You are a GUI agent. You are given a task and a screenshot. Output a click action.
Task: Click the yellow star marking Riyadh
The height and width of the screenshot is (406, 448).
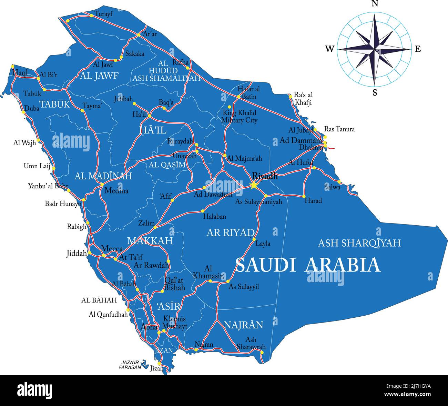pos(254,185)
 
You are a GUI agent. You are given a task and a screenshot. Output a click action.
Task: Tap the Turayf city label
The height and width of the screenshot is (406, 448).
pos(104,14)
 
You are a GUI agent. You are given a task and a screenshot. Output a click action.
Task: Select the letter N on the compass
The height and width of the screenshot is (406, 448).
pos(375,4)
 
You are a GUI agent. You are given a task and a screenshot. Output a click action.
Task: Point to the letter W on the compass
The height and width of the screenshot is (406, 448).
pos(329,49)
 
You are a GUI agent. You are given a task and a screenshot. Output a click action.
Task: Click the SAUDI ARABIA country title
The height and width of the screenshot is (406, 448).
pos(308,265)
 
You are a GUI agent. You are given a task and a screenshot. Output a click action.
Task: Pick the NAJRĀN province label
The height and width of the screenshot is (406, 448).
pos(243,325)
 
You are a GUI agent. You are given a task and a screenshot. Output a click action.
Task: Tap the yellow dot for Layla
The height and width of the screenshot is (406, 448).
pos(254,239)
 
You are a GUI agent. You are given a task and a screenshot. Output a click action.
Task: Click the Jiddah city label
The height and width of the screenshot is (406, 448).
pos(77,254)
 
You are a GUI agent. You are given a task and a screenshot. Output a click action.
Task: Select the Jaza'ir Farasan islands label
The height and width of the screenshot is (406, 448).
pos(130,365)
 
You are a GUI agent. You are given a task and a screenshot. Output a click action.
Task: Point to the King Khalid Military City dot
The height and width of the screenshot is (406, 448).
pos(230,107)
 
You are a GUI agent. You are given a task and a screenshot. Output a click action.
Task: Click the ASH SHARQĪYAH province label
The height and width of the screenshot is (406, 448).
pos(359,243)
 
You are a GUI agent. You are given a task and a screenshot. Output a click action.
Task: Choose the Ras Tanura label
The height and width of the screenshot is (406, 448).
pos(339,129)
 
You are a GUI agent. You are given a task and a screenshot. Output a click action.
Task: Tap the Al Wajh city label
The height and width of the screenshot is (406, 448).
pos(24,142)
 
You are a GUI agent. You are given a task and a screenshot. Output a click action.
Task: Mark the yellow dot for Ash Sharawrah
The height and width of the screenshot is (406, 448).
pos(262,352)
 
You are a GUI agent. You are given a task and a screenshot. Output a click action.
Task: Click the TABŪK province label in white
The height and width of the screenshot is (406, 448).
pos(54,104)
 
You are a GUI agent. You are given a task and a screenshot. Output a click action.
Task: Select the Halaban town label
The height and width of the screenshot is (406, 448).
pos(214,217)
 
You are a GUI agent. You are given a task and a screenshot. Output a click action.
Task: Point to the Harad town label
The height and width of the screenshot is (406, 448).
pos(313,200)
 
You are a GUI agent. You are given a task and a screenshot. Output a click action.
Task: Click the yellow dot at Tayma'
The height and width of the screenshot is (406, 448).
pos(82,110)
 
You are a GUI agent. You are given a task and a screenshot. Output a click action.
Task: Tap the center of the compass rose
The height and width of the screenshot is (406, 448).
pos(375,49)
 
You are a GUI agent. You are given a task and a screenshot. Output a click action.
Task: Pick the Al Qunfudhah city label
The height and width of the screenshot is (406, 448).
pos(108,314)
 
